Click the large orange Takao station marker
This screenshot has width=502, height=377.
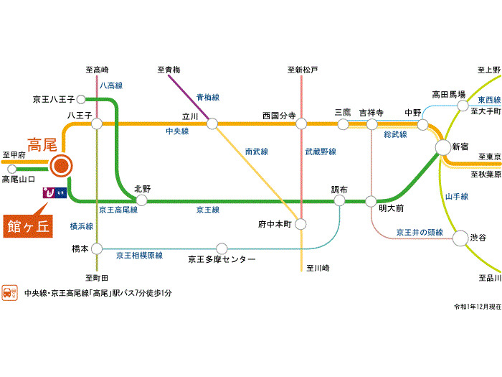(x=60, y=167)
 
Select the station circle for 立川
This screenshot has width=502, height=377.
(x=212, y=124)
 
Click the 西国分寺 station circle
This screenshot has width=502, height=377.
(x=301, y=124)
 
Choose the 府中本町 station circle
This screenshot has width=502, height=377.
(x=300, y=224)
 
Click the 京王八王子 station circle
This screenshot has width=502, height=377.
(x=81, y=99)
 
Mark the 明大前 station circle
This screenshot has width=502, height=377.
(x=371, y=201)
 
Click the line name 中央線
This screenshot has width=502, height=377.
(x=176, y=131)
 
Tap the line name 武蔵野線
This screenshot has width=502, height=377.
(x=321, y=152)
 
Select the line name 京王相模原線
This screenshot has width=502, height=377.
(x=139, y=255)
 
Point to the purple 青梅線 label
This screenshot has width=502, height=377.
(x=207, y=96)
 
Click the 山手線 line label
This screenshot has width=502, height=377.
(x=456, y=196)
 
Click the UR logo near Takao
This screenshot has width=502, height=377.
(x=55, y=192)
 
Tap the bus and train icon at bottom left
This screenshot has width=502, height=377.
(x=10, y=293)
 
